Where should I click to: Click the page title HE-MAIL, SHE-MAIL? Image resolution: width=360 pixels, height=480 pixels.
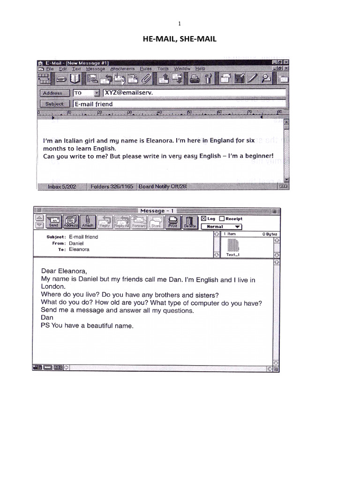[180, 39]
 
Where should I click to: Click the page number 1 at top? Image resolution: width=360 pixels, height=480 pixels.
[180, 23]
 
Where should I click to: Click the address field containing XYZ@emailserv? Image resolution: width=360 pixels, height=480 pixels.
[193, 93]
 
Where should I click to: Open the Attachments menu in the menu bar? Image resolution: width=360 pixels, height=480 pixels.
[122, 69]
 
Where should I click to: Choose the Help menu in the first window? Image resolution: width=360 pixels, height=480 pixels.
[200, 69]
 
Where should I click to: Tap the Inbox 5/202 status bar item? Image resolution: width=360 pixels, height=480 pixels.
[61, 187]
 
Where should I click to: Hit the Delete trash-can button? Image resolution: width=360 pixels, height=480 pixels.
[189, 222]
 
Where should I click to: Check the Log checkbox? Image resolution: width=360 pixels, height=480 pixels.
[203, 218]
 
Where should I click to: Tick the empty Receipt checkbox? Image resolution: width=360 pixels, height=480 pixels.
[222, 218]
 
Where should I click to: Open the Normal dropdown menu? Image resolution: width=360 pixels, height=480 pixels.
[221, 226]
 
